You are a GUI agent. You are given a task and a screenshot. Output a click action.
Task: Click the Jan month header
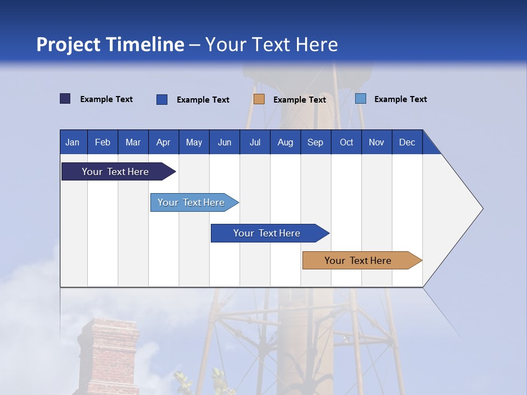coord(73,142)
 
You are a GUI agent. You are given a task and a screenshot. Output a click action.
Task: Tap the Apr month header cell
coord(164,142)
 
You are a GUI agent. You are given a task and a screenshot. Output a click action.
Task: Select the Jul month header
coord(255,142)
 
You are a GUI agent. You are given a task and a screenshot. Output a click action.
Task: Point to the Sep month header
coord(316,142)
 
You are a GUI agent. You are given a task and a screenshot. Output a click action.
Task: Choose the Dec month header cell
coord(407,142)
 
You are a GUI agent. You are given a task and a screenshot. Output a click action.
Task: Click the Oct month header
coord(346,142)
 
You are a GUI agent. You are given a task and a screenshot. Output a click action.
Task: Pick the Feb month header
coord(103,142)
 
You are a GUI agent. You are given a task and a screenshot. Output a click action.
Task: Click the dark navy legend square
coord(65,99)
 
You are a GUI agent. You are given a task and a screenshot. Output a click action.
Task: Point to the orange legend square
coord(259,99)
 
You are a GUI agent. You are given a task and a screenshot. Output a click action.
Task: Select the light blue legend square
coord(361,99)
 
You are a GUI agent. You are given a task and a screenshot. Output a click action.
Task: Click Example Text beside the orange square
coord(299,100)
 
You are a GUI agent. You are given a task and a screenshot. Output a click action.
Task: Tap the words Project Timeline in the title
coord(110,44)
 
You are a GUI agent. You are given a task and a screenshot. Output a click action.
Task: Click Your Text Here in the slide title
coord(271,44)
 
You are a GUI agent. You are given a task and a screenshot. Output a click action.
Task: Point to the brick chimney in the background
coord(108,357)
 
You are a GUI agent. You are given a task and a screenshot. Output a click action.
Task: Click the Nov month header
coord(377,142)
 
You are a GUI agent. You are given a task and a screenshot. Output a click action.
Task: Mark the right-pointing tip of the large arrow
coord(481,208)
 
